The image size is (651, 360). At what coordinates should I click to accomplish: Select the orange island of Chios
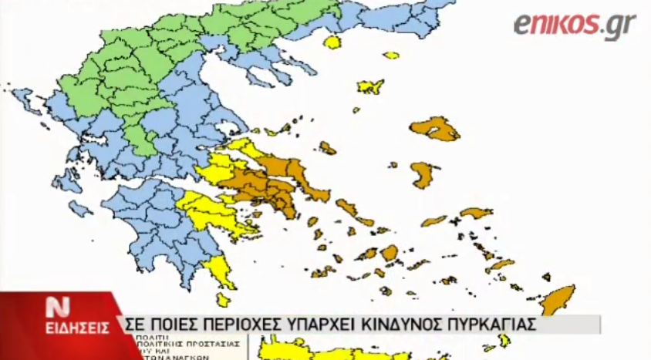423,175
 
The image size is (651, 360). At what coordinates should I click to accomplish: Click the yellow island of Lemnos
371,86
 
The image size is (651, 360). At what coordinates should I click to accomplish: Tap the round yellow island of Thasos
333,42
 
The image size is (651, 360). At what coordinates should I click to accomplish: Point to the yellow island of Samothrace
391,56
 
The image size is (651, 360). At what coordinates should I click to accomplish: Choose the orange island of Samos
475,212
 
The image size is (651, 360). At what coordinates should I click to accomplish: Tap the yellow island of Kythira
223,299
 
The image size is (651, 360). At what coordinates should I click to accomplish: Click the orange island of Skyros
328,147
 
